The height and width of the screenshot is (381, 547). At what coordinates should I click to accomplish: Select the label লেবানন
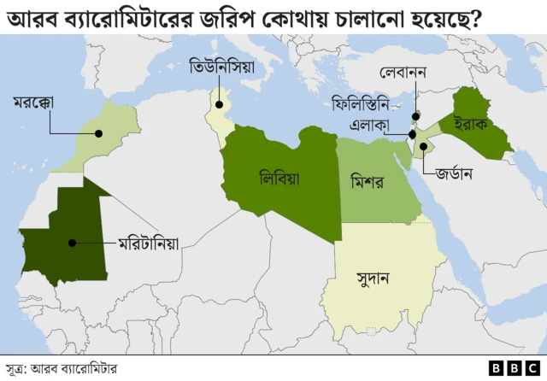[403, 74]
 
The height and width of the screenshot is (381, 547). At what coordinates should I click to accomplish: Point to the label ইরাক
[470, 122]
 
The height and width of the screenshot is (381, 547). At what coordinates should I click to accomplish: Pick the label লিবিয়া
[285, 178]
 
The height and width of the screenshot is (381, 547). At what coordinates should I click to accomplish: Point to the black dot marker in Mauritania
[72, 243]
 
